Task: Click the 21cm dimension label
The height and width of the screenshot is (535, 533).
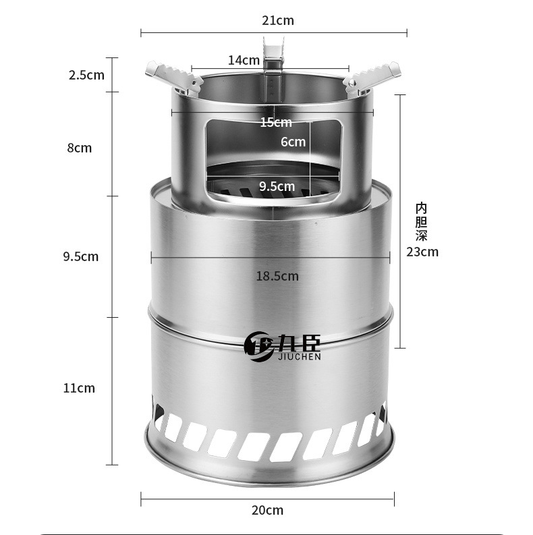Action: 278,20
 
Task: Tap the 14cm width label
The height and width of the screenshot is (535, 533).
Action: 244,61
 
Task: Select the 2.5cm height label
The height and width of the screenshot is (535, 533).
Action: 86,75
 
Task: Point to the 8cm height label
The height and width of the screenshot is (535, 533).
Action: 80,148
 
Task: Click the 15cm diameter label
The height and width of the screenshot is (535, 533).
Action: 276,122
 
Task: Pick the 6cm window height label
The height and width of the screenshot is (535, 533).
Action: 293,142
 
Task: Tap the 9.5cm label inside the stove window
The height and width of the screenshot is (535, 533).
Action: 277,186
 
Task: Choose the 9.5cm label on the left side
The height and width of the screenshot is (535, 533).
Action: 81,256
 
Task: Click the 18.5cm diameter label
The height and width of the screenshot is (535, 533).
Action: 277,276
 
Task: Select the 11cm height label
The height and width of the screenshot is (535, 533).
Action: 79,389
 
